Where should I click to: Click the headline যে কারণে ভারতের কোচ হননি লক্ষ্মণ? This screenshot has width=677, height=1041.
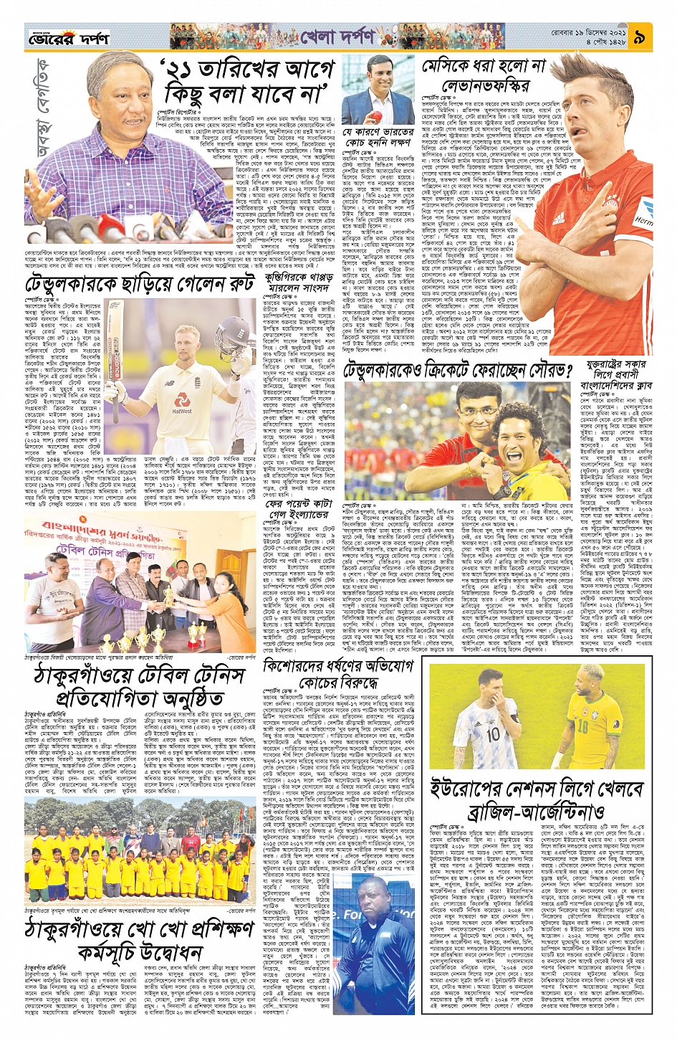378,138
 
